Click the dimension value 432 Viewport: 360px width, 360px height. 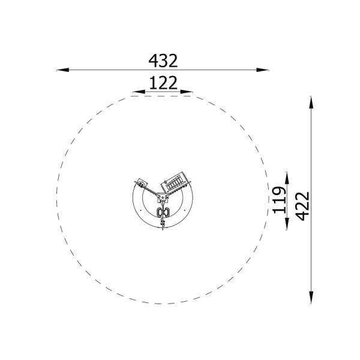(x=163, y=61)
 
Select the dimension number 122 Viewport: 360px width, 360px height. (x=163, y=83)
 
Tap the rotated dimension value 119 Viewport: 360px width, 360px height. (x=280, y=200)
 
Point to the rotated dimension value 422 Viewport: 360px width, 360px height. (x=302, y=206)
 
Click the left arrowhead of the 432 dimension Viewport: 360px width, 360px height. (x=62, y=70)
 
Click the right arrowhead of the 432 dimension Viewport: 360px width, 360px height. (x=262, y=70)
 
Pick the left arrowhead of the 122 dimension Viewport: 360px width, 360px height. (x=139, y=92)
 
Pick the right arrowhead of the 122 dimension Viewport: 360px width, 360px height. (x=187, y=92)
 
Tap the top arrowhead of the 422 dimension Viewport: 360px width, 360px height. (x=311, y=103)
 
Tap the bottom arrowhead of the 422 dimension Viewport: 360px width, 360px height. (x=311, y=298)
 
